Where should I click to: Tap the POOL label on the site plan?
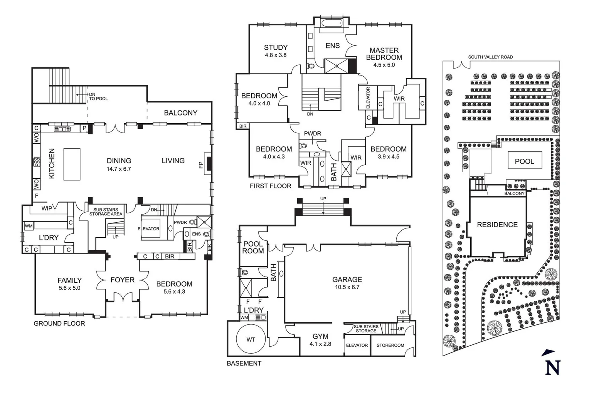524,161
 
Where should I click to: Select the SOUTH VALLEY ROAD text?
490,57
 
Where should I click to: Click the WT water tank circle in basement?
251,339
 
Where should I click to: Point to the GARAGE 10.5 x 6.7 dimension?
347,287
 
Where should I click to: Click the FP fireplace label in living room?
200,164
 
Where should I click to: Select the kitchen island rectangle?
72,164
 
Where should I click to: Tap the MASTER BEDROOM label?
384,54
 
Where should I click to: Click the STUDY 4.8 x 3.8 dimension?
276,55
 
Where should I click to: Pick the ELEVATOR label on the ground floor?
148,229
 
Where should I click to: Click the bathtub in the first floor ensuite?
332,23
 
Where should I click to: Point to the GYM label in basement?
320,337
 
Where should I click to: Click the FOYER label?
122,280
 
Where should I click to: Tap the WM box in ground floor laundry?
29,226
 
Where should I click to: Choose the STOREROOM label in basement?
390,346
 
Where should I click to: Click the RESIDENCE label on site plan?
497,225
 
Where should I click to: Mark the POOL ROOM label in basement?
253,247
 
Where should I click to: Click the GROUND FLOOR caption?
59,324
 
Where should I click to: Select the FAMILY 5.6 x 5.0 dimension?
69,288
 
